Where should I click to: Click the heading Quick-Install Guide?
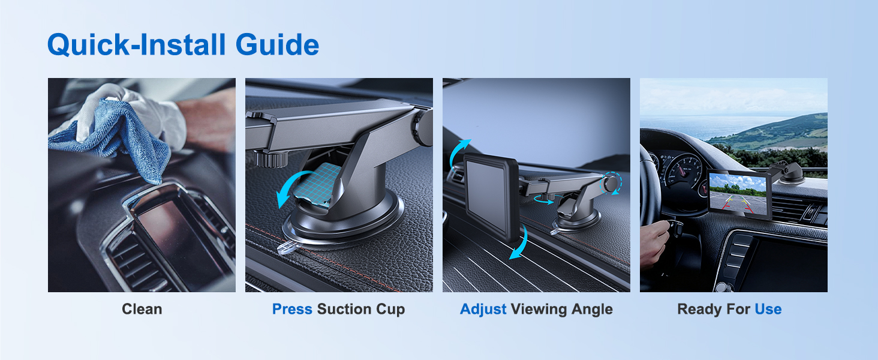183,44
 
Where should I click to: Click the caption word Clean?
142,310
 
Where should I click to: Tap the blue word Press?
292,310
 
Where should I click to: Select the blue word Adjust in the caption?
483,310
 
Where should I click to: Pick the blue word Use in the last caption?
768,310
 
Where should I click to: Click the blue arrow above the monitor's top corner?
459,150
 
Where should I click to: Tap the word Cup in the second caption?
391,310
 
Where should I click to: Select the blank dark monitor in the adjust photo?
490,195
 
